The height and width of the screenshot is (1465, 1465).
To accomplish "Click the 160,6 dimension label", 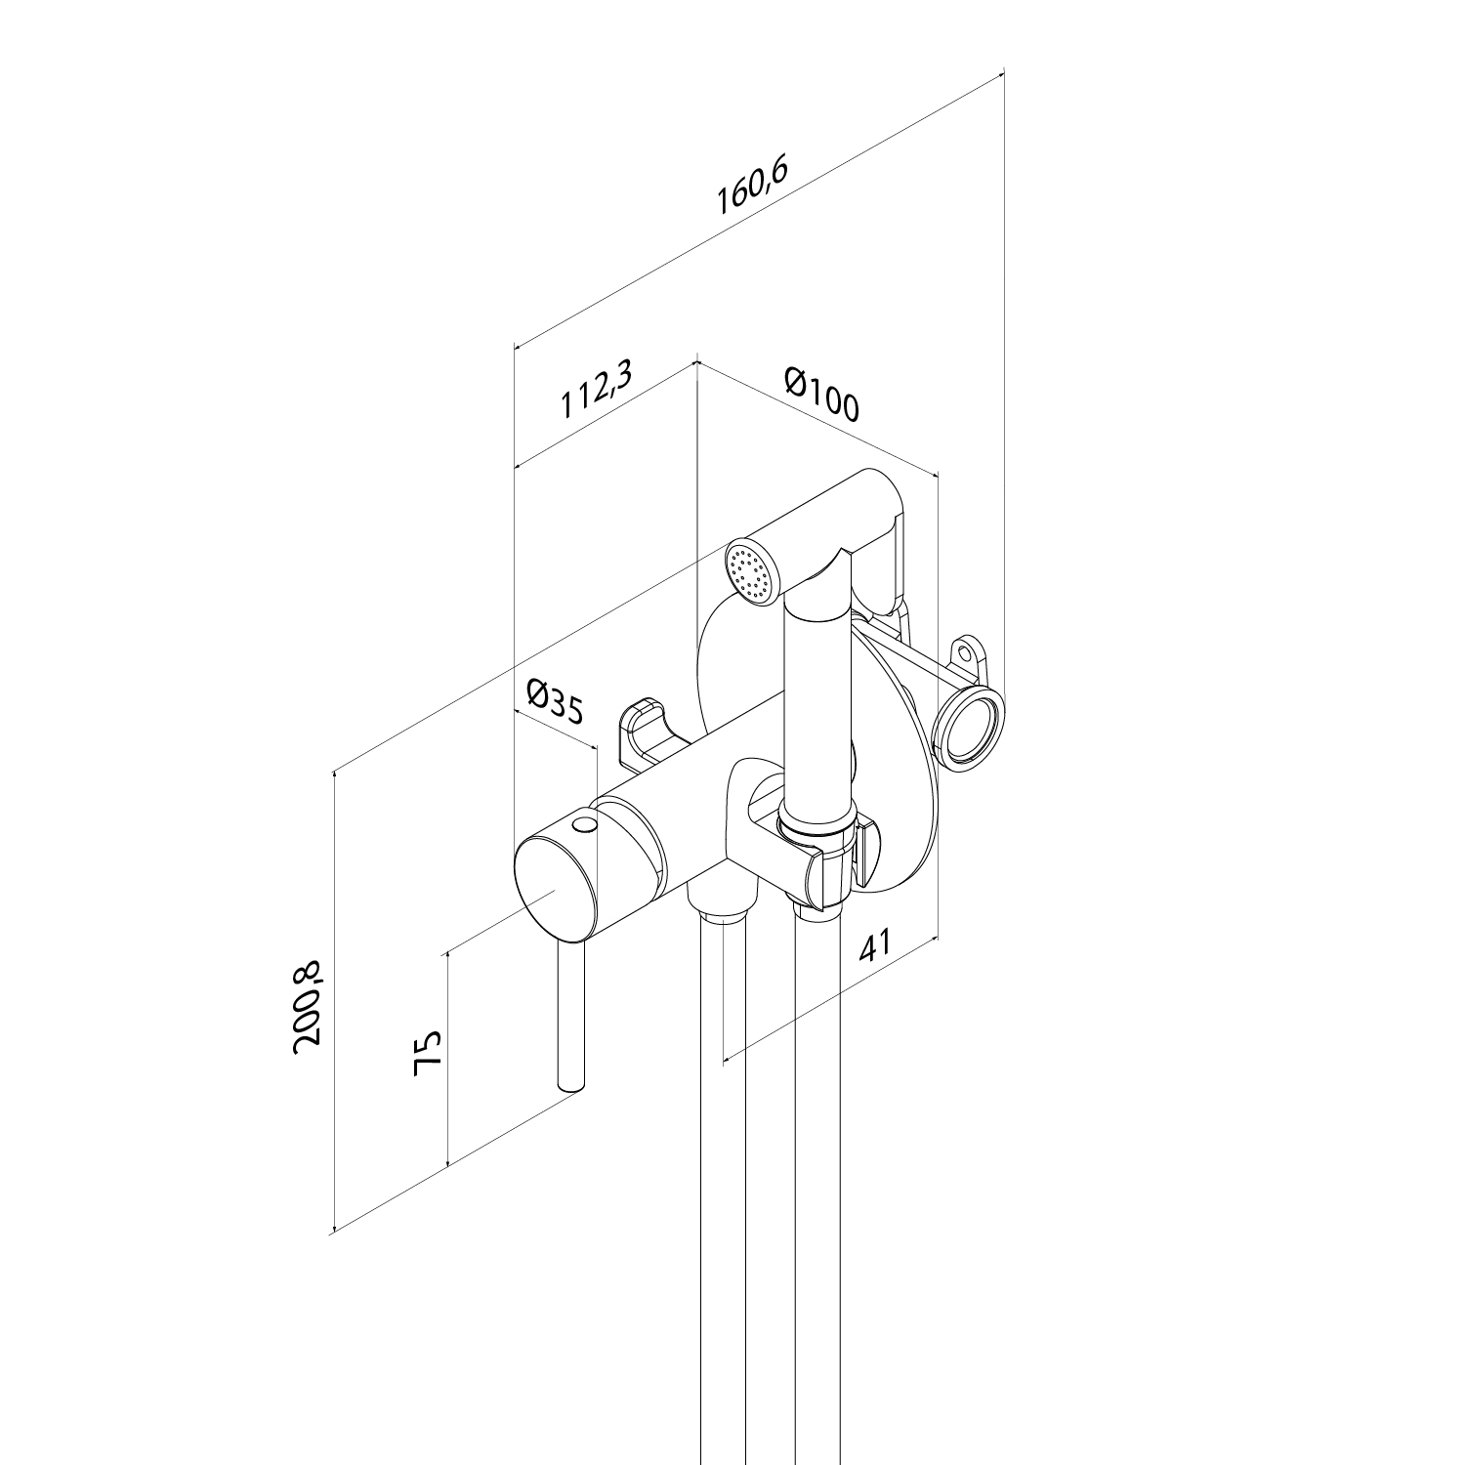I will tap(752, 186).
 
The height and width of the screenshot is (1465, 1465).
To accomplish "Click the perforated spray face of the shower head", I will tap(750, 572).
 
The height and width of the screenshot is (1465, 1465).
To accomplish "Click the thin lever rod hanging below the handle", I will tap(570, 1016).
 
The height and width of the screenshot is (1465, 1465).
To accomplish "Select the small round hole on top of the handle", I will tap(585, 826).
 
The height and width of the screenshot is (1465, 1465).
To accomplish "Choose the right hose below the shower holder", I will tap(818, 1172).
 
